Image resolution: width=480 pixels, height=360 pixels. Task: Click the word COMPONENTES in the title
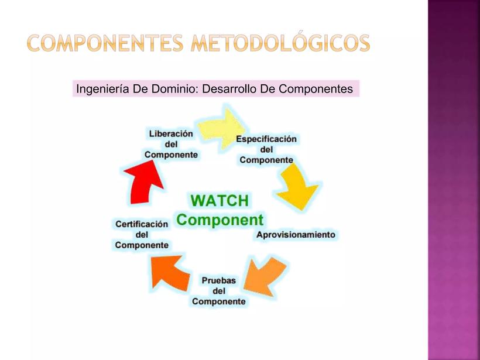tap(105, 43)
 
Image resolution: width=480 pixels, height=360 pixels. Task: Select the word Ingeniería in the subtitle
tap(102, 89)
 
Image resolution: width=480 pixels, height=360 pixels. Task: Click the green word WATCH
tap(220, 201)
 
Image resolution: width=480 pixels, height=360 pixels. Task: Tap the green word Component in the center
tap(220, 220)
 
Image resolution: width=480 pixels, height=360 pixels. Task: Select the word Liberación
tap(171, 134)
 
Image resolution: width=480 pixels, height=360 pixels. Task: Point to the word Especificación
tap(266, 139)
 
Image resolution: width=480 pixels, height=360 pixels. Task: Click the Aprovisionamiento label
tap(296, 235)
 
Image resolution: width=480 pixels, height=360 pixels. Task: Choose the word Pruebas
tap(218, 280)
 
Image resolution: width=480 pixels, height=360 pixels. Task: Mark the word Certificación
tap(142, 224)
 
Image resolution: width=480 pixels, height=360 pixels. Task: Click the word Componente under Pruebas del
tap(218, 301)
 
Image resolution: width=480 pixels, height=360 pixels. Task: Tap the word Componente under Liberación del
tap(171, 155)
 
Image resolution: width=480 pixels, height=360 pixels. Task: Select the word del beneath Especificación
tap(266, 150)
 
